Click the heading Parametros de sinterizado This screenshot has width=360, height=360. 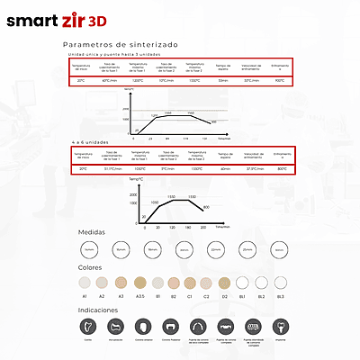pos(121,44)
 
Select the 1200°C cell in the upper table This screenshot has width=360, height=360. pos(139,80)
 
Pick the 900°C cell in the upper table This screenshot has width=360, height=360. pos(280,80)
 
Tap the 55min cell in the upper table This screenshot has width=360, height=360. pos(222,80)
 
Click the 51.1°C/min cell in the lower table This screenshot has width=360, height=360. pos(112,168)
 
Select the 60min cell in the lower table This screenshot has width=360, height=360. pos(225,168)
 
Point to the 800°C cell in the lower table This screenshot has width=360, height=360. pos(283,168)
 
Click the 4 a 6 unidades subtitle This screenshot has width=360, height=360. pos(91,142)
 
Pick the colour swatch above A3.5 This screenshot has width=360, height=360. pos(139,281)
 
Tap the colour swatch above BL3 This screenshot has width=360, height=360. pos(281,281)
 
